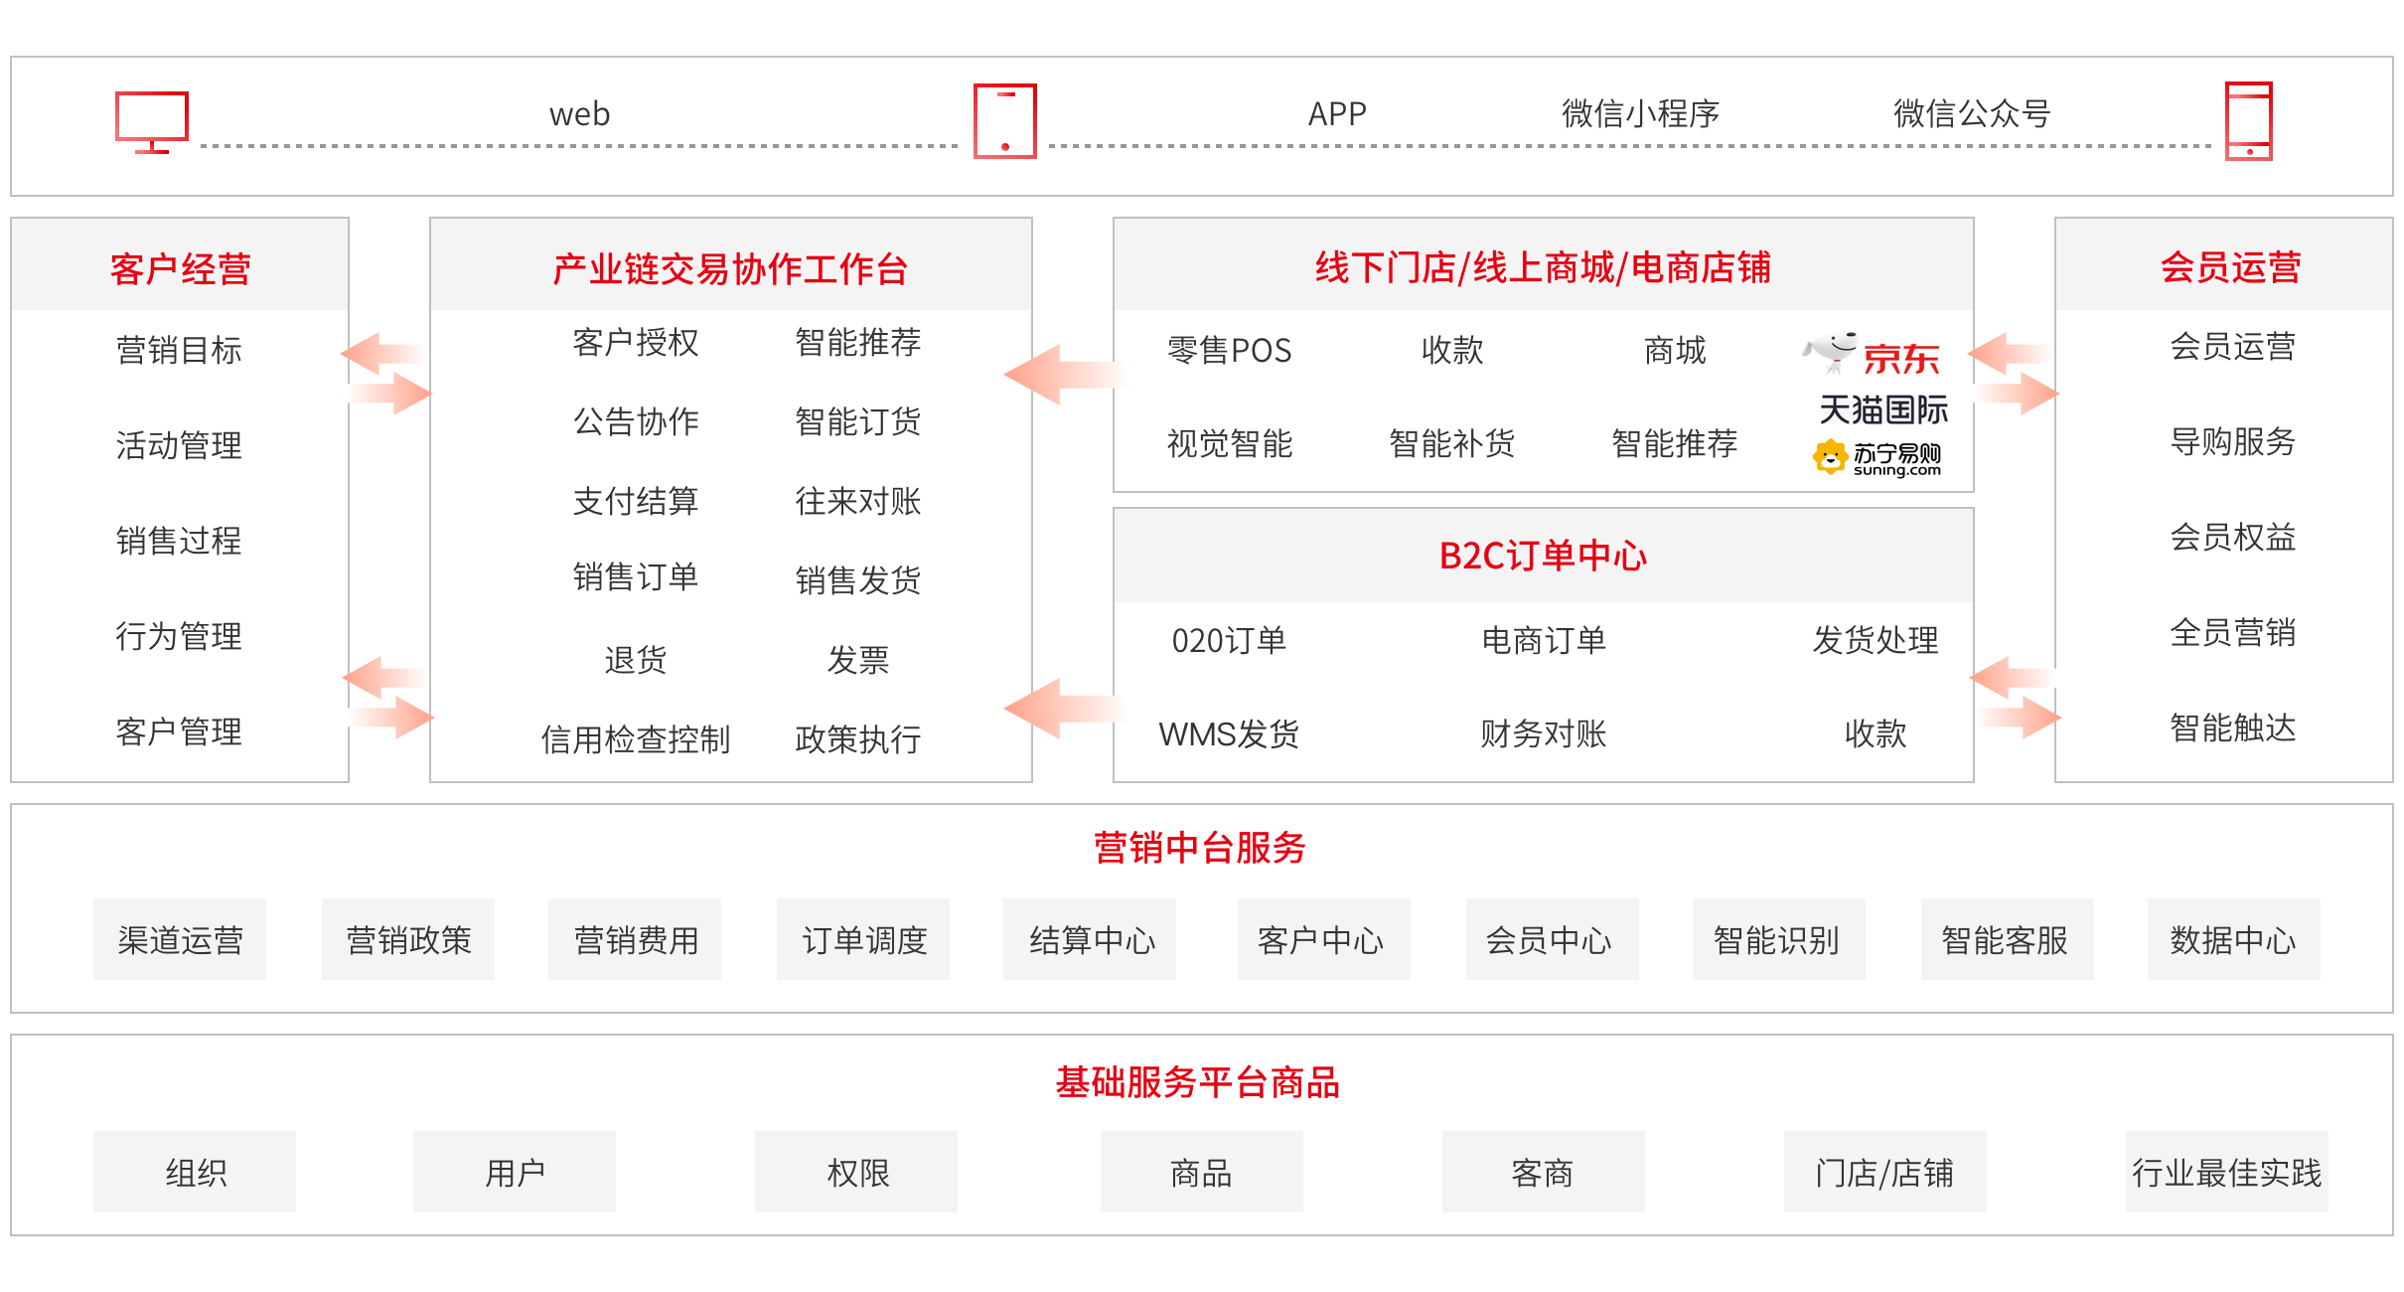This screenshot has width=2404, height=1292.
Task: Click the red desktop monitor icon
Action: click(x=151, y=122)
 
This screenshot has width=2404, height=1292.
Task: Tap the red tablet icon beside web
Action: click(x=1004, y=121)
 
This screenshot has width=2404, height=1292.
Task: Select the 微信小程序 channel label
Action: click(x=1640, y=114)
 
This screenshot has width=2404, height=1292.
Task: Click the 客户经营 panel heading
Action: click(x=180, y=268)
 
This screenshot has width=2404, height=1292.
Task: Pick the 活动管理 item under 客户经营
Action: click(x=179, y=445)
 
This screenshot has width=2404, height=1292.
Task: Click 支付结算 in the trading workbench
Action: click(x=636, y=501)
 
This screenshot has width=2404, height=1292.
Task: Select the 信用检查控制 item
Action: click(x=636, y=739)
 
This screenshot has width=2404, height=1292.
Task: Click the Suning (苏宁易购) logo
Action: click(x=1877, y=458)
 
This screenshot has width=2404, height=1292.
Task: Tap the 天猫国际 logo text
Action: click(x=1883, y=409)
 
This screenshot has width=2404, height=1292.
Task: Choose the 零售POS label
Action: click(x=1229, y=350)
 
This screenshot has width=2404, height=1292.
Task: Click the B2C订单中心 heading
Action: click(x=1543, y=556)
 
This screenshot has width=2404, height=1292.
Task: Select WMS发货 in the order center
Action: click(x=1229, y=733)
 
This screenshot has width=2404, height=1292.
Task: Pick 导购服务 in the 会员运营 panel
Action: click(x=2232, y=441)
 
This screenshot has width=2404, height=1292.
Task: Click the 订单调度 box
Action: click(x=863, y=939)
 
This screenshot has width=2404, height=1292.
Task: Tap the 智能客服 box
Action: click(x=2006, y=939)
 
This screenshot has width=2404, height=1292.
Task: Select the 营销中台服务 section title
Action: click(x=1200, y=848)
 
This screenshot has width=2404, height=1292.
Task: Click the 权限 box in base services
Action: click(x=856, y=1172)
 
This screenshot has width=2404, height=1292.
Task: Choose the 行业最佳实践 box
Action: click(x=2226, y=1172)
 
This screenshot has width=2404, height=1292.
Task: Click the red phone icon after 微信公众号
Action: click(x=2249, y=121)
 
